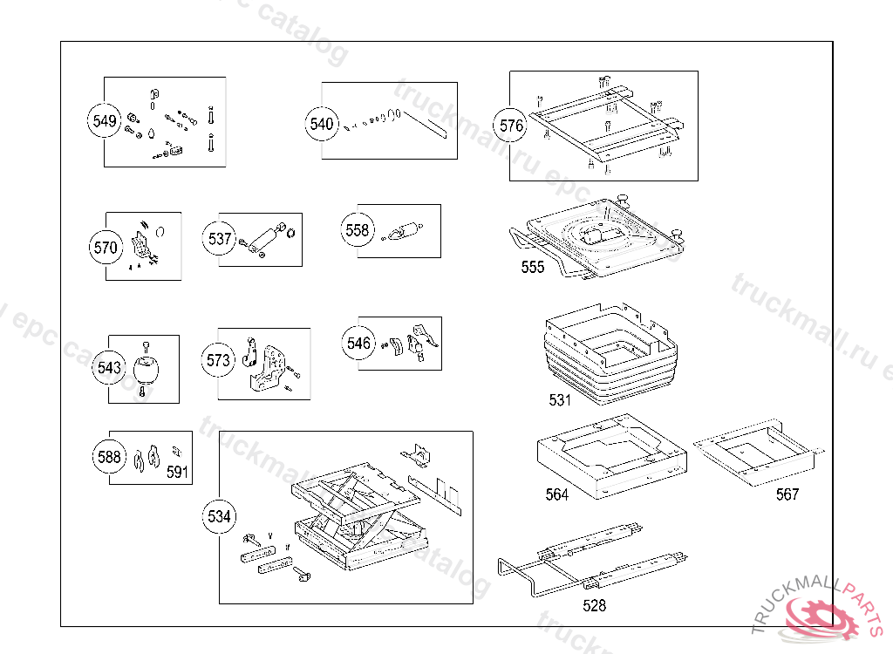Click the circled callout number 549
click(105, 121)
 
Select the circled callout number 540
click(322, 124)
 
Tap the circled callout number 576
click(512, 126)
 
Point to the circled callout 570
click(106, 248)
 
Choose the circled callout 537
click(220, 238)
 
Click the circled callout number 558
click(358, 230)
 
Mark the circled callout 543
click(110, 368)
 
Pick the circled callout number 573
click(219, 360)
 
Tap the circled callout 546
click(359, 344)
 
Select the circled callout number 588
click(110, 456)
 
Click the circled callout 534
click(220, 517)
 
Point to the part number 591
click(178, 472)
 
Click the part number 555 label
click(533, 267)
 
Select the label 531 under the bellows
click(560, 400)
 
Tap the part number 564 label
click(557, 494)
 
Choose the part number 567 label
click(787, 494)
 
